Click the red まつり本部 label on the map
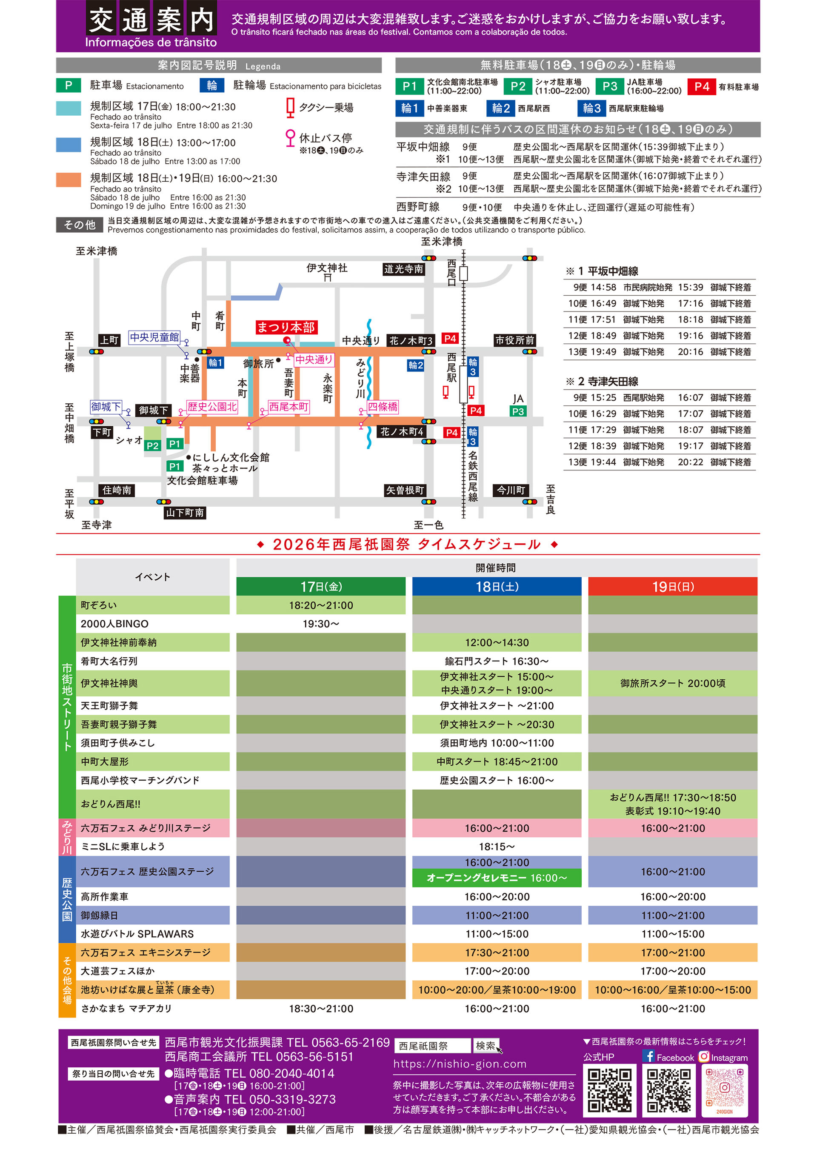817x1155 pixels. click(x=286, y=328)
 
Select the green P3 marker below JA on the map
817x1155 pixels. click(x=518, y=411)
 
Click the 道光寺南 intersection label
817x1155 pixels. click(x=404, y=269)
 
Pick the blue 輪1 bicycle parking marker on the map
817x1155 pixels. click(x=215, y=363)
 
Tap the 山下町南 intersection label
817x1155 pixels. click(x=185, y=513)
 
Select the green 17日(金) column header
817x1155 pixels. click(x=321, y=587)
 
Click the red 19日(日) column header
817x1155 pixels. click(x=673, y=587)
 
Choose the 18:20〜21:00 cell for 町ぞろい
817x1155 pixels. click(x=321, y=605)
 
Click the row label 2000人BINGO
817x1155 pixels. click(x=115, y=624)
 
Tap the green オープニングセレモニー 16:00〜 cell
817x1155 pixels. click(x=497, y=878)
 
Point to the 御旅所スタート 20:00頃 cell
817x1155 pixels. click(x=673, y=683)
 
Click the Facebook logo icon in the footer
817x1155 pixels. click(x=648, y=1056)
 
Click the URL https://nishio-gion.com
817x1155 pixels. click(x=460, y=1064)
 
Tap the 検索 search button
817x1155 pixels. click(x=486, y=1045)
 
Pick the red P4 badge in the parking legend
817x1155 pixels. click(x=702, y=86)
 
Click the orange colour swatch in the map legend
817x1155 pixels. click(x=69, y=180)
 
